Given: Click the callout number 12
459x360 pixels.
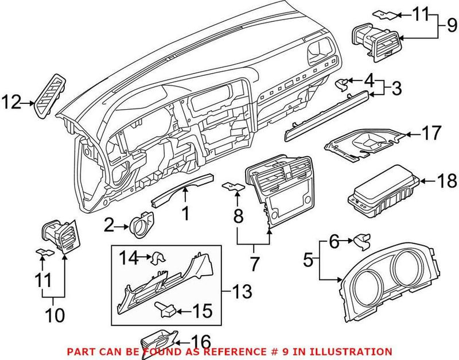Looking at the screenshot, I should pos(13,103).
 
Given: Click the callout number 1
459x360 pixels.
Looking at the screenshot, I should pos(185,214).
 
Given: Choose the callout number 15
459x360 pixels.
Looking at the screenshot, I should pos(201,312).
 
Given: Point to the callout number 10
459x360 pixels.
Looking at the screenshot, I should pos(55,315).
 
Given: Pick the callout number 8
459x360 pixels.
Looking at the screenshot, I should pos(238,217).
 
